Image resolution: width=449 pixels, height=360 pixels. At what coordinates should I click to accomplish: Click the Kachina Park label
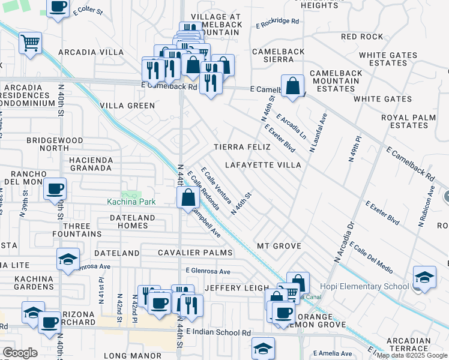click(x=131, y=202)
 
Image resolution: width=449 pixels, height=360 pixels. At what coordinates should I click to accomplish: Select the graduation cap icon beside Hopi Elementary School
click(x=424, y=277)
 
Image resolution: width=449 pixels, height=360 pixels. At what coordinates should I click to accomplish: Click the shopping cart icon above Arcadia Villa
click(x=30, y=43)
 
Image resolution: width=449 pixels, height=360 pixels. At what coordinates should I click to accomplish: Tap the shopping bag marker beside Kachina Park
click(x=188, y=197)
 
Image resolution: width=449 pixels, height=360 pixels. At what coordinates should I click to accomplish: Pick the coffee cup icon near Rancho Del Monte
click(x=55, y=189)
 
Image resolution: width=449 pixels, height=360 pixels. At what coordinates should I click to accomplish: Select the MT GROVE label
click(x=279, y=247)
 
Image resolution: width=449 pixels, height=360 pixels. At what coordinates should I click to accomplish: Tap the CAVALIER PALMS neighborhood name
click(x=195, y=253)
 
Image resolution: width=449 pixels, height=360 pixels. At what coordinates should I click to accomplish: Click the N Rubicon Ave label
click(x=428, y=205)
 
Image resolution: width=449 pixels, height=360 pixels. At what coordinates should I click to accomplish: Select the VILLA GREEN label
click(x=127, y=106)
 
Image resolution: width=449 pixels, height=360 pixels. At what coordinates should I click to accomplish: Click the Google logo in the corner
click(x=20, y=353)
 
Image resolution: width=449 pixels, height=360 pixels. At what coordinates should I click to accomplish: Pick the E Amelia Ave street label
click(x=329, y=353)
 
